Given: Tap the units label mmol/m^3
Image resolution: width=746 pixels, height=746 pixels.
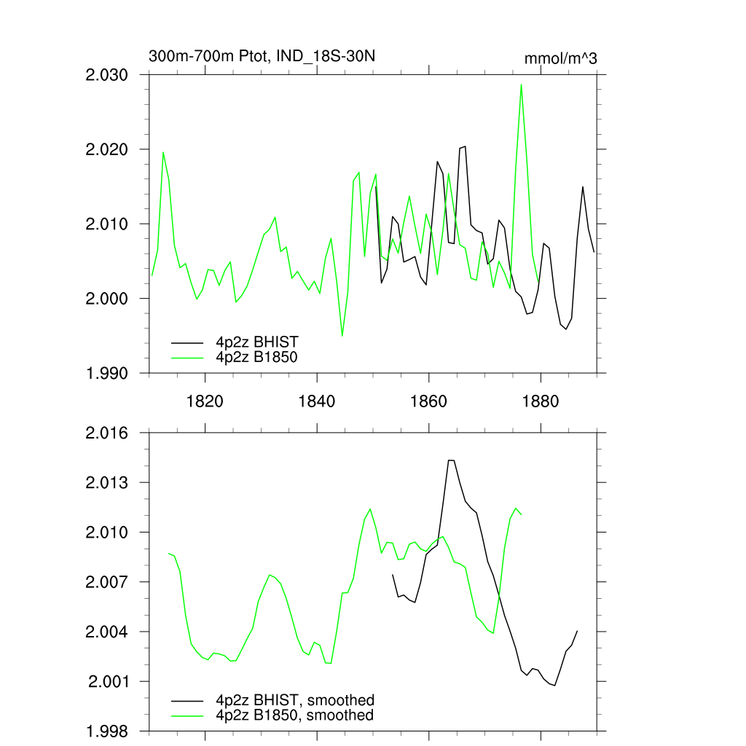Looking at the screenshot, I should tap(560, 58).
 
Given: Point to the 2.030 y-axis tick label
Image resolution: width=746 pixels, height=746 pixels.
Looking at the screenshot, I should tap(107, 75).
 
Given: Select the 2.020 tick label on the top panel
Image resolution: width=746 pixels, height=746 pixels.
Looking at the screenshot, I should tap(107, 149).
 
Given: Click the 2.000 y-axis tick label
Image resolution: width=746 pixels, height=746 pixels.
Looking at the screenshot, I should tap(107, 299).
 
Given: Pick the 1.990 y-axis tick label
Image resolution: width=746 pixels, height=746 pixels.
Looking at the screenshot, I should tap(107, 373).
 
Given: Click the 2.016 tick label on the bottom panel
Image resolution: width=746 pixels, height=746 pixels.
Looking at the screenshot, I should tap(107, 433).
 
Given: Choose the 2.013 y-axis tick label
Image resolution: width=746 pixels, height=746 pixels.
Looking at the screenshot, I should tap(107, 483).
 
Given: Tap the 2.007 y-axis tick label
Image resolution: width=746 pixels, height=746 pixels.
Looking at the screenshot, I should tap(107, 582).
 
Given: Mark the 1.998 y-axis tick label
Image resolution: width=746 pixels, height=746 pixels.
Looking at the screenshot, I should tap(107, 731).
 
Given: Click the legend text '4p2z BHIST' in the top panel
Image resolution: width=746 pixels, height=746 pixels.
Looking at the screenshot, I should tap(256, 342).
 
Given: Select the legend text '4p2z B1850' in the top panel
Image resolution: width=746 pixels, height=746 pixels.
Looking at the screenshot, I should tap(256, 357).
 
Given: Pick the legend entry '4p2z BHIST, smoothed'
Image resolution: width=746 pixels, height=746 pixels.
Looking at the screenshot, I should tap(294, 701).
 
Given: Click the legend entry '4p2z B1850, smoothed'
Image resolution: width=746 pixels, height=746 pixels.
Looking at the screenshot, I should tap(294, 715).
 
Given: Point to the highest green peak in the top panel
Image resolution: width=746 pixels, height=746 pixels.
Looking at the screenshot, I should tap(521, 85).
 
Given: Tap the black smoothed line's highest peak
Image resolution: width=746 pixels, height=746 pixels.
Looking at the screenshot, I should tap(450, 460).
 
